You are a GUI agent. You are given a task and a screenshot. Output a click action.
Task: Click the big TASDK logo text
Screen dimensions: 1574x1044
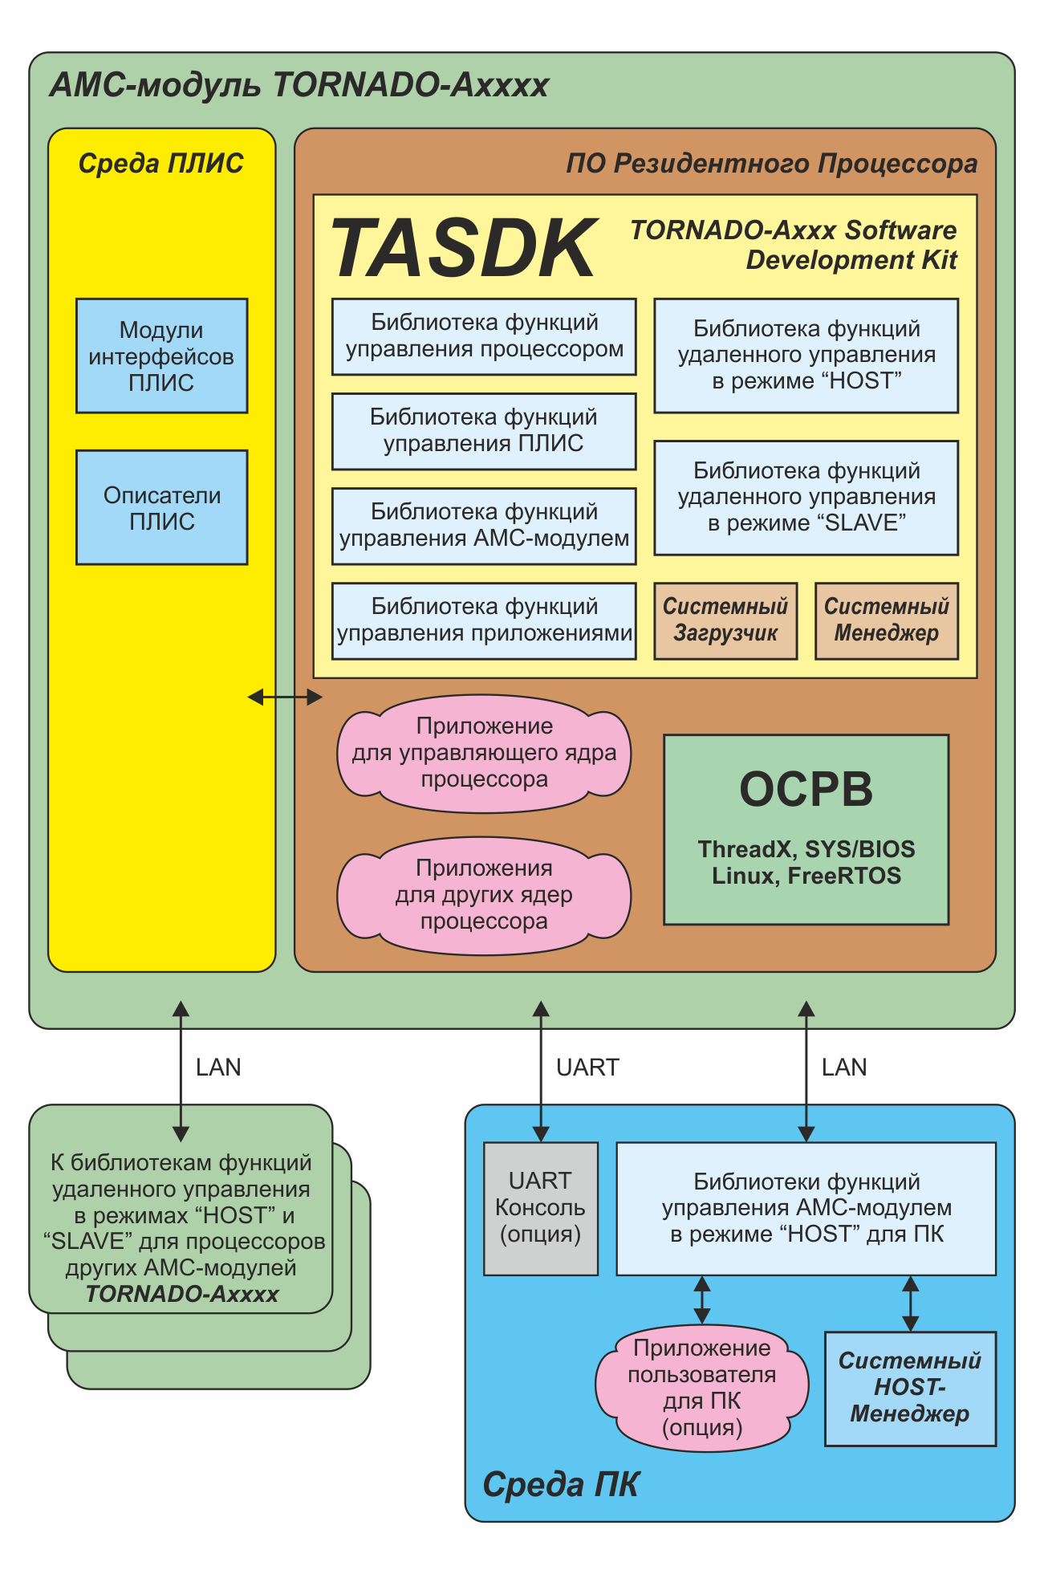click(464, 249)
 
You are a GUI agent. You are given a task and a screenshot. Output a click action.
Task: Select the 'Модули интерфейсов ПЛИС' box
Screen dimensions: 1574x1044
click(161, 356)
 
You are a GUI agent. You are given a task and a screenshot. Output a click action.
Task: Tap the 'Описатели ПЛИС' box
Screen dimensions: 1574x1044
click(161, 507)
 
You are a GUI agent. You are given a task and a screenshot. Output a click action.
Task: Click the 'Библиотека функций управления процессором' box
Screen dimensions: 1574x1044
click(484, 336)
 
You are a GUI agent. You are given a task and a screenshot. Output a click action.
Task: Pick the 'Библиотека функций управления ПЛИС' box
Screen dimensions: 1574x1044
click(484, 431)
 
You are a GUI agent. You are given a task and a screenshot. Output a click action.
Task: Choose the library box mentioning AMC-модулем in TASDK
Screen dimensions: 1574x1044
click(484, 526)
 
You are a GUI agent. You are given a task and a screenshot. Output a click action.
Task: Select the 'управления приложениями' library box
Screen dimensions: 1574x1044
click(484, 620)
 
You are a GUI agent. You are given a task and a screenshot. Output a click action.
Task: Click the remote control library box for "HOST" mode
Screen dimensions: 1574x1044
click(806, 356)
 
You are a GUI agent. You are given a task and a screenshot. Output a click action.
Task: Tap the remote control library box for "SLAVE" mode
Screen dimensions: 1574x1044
click(806, 498)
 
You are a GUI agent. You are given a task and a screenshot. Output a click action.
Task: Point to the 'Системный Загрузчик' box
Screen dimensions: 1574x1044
click(725, 620)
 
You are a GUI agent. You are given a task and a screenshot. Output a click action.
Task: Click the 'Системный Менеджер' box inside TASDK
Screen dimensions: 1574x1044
click(886, 620)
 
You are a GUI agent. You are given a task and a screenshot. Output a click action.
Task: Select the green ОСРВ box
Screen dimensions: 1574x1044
click(806, 829)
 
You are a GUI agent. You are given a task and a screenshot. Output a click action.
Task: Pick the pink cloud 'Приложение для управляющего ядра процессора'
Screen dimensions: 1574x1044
click(484, 753)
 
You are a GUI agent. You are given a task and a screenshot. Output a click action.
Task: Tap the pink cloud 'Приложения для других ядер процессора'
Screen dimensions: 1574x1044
click(484, 895)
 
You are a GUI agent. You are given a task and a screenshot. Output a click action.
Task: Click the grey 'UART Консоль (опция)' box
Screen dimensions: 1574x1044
click(540, 1208)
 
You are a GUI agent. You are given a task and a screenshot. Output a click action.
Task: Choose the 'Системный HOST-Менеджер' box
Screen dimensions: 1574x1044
click(910, 1389)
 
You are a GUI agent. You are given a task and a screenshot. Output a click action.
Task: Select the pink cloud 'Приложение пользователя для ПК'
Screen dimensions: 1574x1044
click(701, 1388)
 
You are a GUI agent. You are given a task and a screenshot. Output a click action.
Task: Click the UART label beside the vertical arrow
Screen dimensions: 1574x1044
click(587, 1068)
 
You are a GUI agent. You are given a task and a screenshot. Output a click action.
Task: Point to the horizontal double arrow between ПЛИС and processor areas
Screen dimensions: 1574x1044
click(285, 698)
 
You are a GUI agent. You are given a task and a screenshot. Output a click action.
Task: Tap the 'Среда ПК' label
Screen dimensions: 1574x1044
click(560, 1485)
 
